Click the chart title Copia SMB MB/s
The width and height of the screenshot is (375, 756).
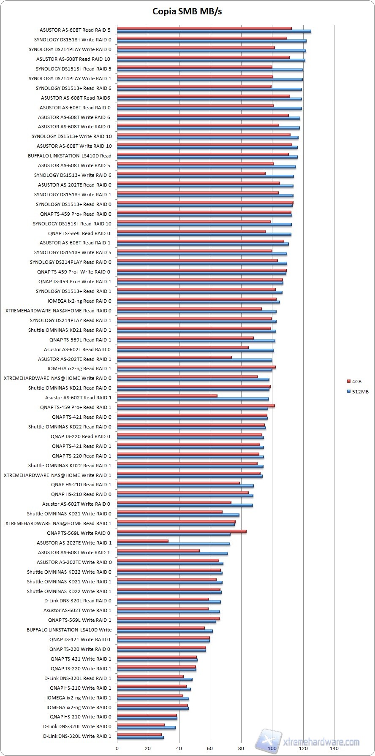(x=187, y=11)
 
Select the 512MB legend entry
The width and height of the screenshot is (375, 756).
(x=360, y=392)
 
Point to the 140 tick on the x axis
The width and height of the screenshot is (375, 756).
(x=334, y=748)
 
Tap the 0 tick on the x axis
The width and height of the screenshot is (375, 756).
(x=117, y=748)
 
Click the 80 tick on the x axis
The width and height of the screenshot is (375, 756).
(x=241, y=748)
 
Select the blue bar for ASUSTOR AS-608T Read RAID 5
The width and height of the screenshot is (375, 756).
(x=214, y=31)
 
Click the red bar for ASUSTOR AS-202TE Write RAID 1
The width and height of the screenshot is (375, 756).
(x=143, y=541)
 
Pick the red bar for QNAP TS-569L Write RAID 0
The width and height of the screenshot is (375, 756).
(x=182, y=531)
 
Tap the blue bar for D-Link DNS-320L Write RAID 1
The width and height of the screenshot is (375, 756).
(x=140, y=737)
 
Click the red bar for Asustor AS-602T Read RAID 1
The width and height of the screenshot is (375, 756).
(x=167, y=396)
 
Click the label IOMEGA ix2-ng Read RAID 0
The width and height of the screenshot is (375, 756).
(x=80, y=301)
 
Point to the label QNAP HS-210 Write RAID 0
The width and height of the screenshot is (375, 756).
(x=81, y=717)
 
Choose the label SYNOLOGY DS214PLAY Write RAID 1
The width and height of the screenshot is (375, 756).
(x=70, y=79)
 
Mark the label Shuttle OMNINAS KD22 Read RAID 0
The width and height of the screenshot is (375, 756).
(x=70, y=427)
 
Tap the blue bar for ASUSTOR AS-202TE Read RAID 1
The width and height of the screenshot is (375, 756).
(x=195, y=360)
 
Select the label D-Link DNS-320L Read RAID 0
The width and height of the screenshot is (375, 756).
(x=78, y=601)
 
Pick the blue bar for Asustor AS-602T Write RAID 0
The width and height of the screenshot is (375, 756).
(x=185, y=505)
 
